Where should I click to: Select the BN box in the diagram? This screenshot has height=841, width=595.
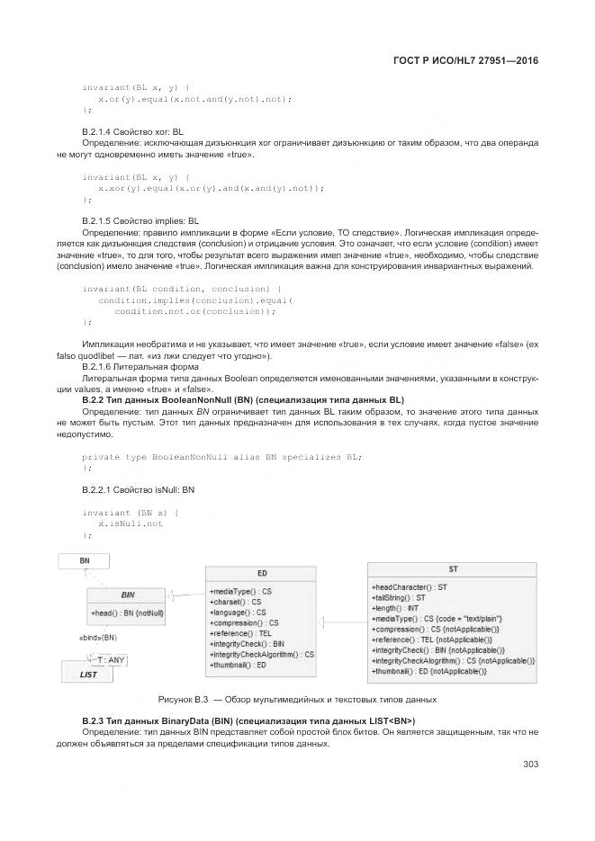pos(84,560)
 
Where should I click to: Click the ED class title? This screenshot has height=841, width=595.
pos(261,573)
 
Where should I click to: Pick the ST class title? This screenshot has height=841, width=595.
pos(453,569)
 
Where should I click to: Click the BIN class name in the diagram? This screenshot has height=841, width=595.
pos(128,595)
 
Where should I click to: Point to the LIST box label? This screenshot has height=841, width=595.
pos(88,674)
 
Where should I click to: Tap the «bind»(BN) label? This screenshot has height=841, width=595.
pos(99,637)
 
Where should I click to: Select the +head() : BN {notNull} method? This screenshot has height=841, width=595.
pos(128,613)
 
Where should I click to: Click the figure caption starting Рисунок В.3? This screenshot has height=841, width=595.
pos(297,699)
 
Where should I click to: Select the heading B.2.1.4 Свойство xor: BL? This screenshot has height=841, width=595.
pos(132,131)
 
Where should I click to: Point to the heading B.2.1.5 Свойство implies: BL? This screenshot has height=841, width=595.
pos(140,219)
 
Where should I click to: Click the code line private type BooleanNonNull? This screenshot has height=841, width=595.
pos(221,457)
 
